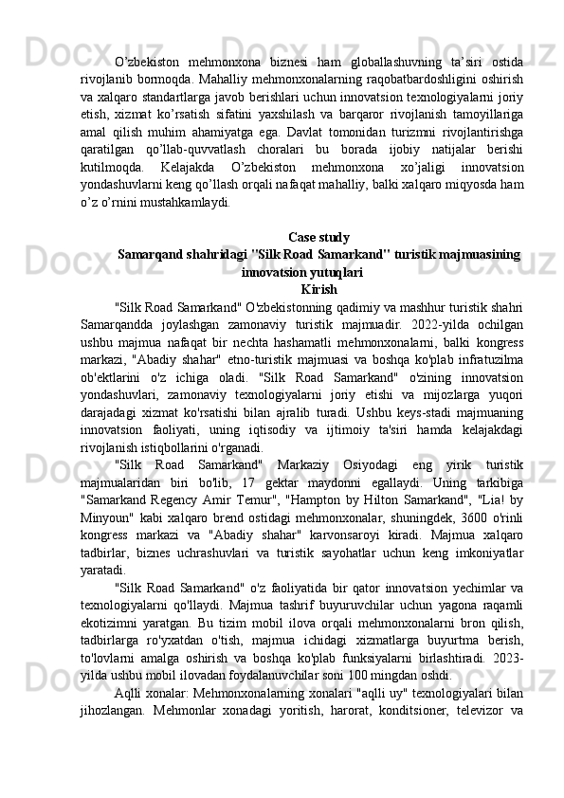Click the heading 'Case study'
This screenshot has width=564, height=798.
[318, 237]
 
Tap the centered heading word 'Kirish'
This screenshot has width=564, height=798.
[318, 288]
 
